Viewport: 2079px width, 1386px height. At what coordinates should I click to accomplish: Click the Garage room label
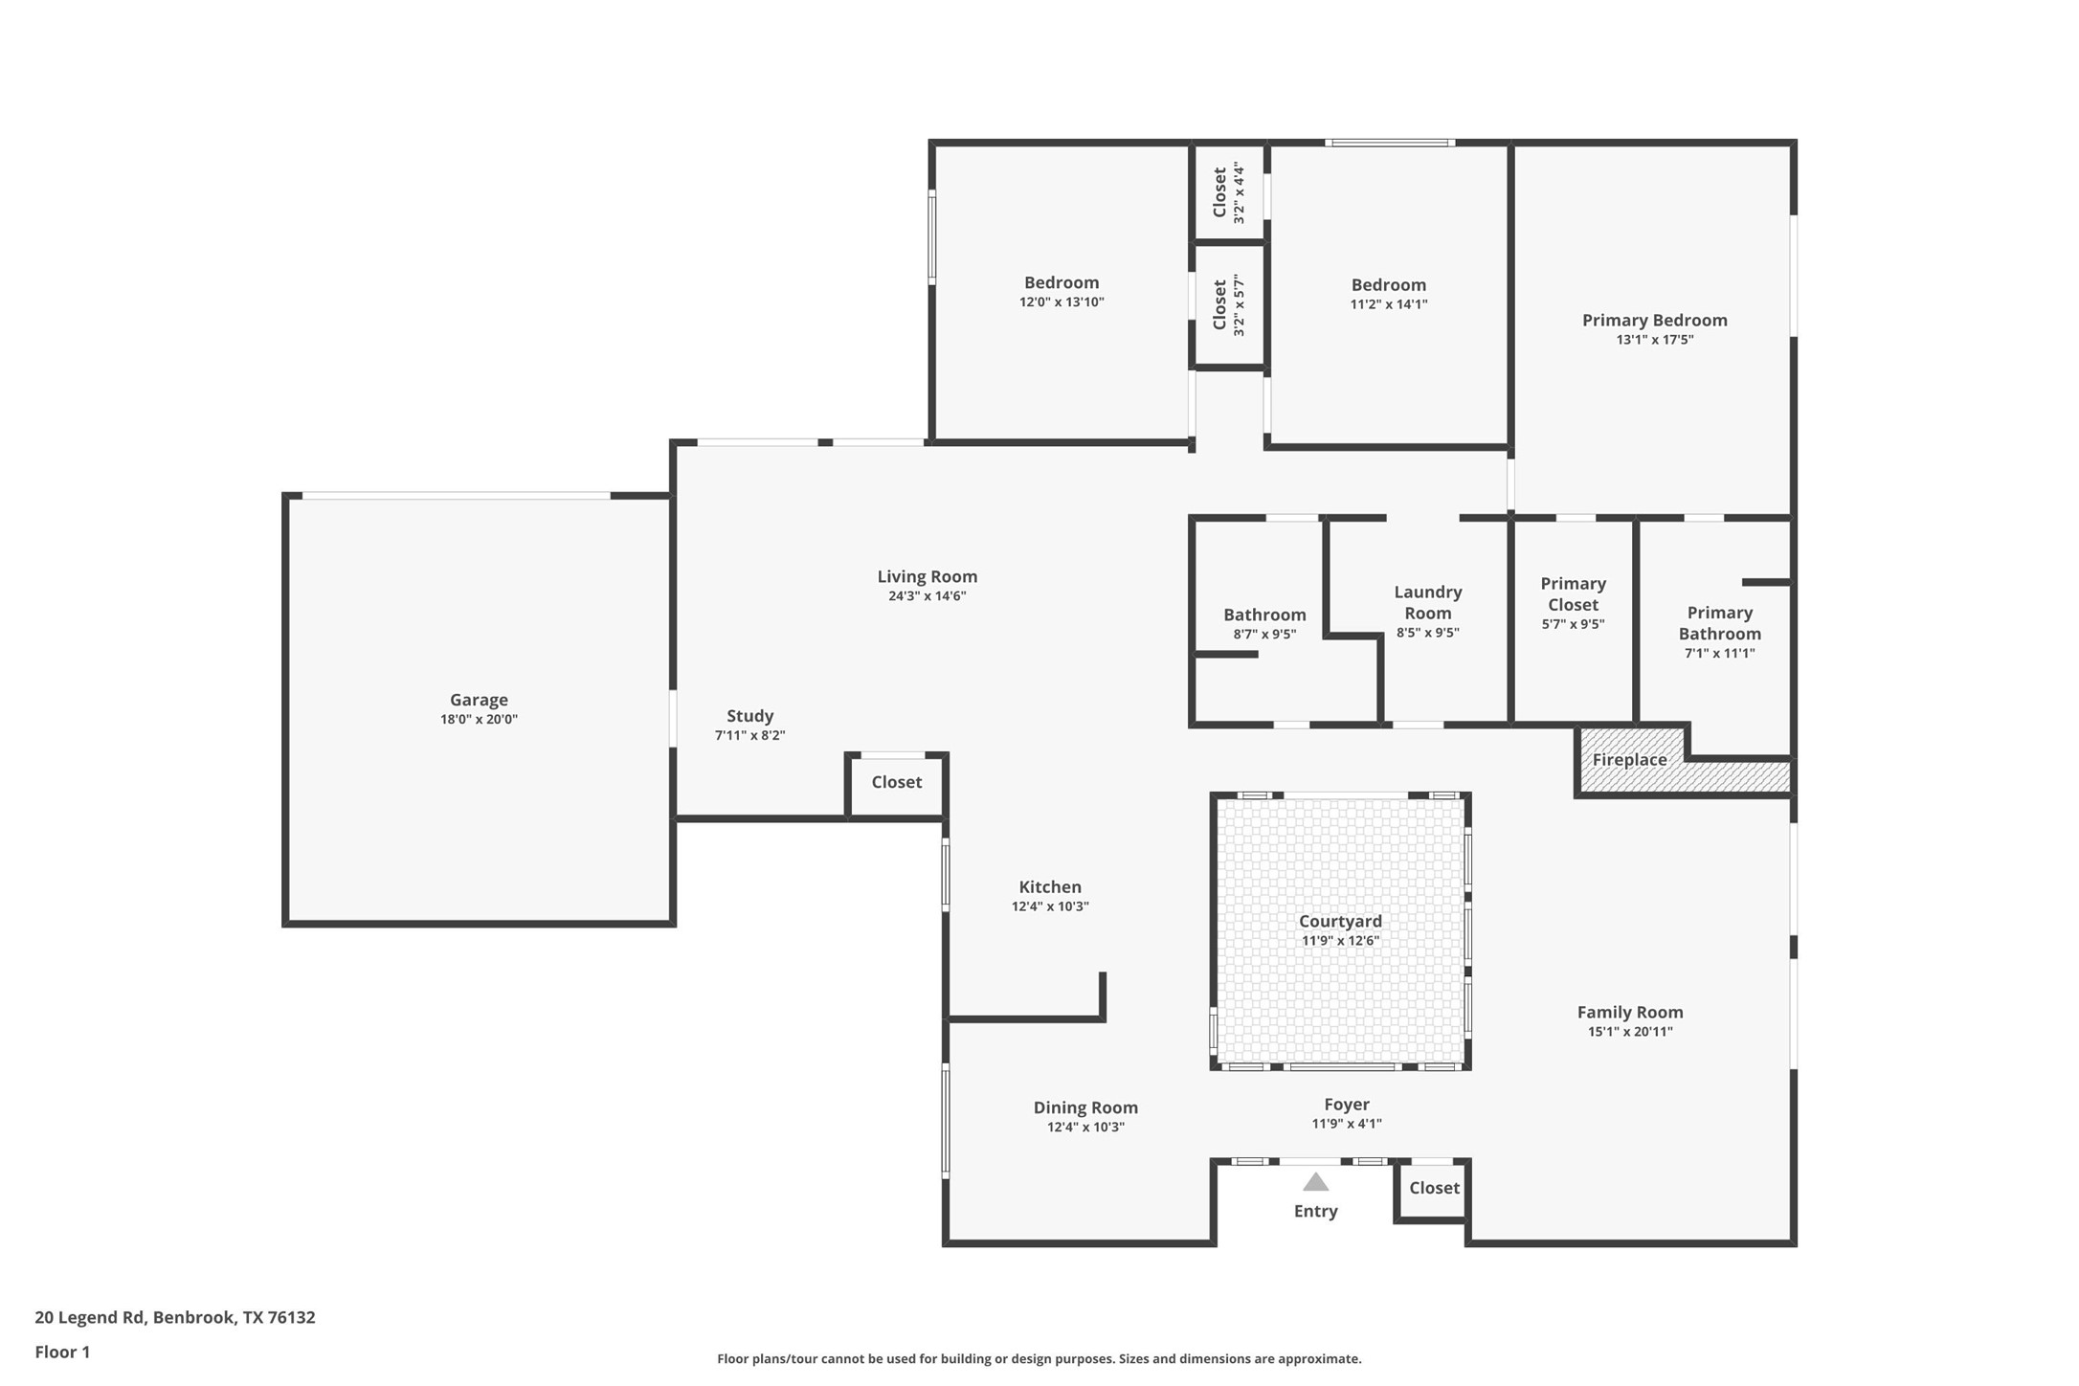pyautogui.click(x=479, y=700)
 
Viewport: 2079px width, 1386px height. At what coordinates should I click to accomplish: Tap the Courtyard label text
pyautogui.click(x=1340, y=921)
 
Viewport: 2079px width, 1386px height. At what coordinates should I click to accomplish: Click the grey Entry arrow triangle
pyautogui.click(x=1316, y=1181)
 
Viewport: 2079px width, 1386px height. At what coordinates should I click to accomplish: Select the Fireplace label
pyautogui.click(x=1629, y=759)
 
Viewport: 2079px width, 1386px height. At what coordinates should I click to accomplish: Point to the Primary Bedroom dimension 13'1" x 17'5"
pyautogui.click(x=1655, y=340)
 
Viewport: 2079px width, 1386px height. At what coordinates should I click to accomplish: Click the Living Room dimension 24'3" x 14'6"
pyautogui.click(x=927, y=596)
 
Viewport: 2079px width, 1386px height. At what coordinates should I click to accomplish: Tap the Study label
pyautogui.click(x=749, y=716)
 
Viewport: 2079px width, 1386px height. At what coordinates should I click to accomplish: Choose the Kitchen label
pyautogui.click(x=1050, y=886)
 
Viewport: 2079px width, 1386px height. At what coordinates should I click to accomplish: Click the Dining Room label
pyautogui.click(x=1085, y=1107)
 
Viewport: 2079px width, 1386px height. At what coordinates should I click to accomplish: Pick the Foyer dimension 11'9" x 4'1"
pyautogui.click(x=1347, y=1124)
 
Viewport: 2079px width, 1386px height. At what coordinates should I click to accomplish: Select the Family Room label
pyautogui.click(x=1630, y=1012)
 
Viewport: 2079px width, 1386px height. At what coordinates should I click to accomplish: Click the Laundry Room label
pyautogui.click(x=1427, y=602)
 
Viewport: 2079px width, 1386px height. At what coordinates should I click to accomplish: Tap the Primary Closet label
pyautogui.click(x=1573, y=593)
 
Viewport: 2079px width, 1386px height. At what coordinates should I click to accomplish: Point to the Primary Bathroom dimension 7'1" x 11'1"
pyautogui.click(x=1719, y=654)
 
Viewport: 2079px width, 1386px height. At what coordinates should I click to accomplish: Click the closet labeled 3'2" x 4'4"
pyautogui.click(x=1228, y=192)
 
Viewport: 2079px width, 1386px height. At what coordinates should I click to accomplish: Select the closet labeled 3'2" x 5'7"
pyautogui.click(x=1228, y=304)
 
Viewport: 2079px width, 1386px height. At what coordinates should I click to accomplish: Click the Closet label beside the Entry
pyautogui.click(x=1434, y=1187)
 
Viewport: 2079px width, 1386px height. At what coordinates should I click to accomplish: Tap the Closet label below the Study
pyautogui.click(x=896, y=782)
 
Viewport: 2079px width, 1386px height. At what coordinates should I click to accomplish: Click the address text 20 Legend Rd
pyautogui.click(x=90, y=1317)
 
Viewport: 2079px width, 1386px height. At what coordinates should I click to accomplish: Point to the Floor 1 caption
pyautogui.click(x=62, y=1352)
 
